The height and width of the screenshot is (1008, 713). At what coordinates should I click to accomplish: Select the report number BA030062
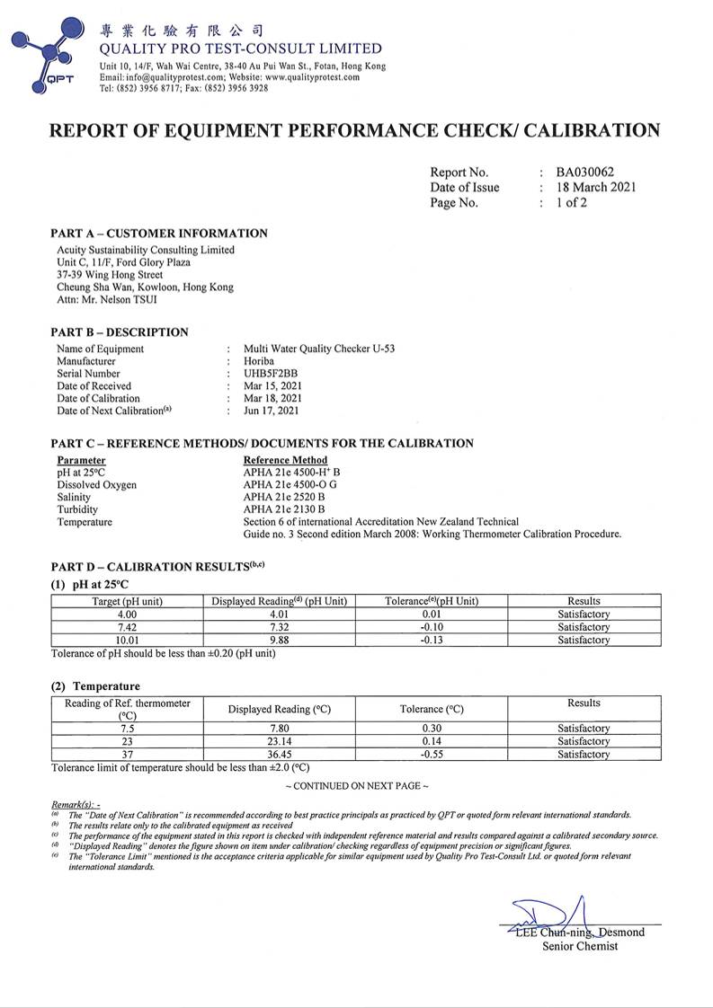pyautogui.click(x=584, y=172)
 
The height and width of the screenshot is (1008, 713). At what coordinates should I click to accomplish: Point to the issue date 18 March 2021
pyautogui.click(x=595, y=188)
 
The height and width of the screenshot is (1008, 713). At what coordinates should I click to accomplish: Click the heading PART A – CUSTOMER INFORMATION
pyautogui.click(x=159, y=234)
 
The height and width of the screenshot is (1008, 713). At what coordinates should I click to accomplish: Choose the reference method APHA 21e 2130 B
pyautogui.click(x=284, y=509)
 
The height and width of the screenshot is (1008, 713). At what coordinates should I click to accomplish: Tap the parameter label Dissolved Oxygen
pyautogui.click(x=97, y=484)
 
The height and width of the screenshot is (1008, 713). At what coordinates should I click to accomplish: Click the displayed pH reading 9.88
pyautogui.click(x=279, y=640)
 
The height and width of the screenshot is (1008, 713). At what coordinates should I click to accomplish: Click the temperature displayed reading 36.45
pyautogui.click(x=279, y=755)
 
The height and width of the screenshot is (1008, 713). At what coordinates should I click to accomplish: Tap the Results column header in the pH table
pyautogui.click(x=584, y=601)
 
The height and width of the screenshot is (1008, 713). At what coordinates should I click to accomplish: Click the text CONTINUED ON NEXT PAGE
pyautogui.click(x=357, y=786)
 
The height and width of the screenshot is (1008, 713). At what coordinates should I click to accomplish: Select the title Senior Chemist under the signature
pyautogui.click(x=580, y=946)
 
